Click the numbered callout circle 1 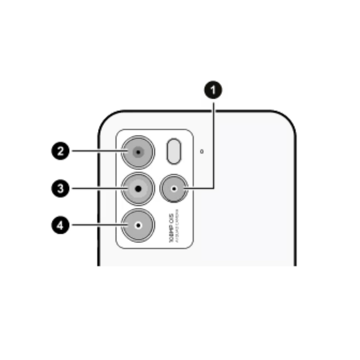pos(214,90)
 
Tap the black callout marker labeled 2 pos(59,151)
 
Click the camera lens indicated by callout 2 pos(138,152)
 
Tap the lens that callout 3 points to pos(138,189)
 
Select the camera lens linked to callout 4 pos(138,225)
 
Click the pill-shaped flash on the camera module pos(174,151)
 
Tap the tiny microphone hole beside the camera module pos(202,151)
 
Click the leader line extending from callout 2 pos(97,151)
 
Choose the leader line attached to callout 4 pos(97,225)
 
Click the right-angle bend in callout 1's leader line pos(214,189)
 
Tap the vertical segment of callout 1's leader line pos(214,144)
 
